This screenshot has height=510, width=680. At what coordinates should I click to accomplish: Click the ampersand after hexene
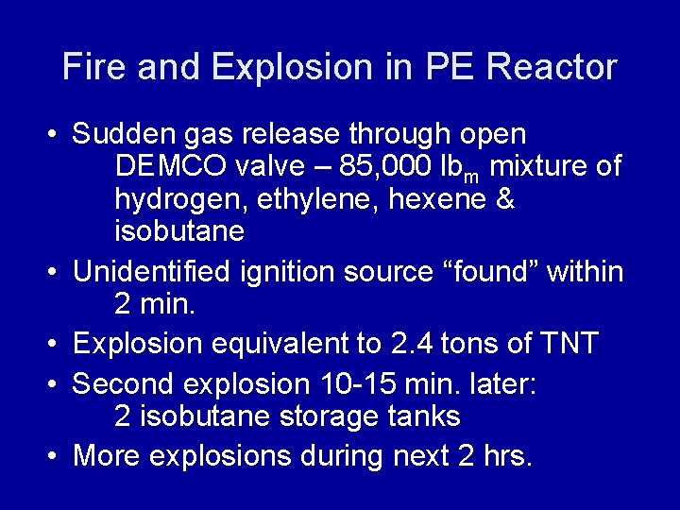click(503, 199)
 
